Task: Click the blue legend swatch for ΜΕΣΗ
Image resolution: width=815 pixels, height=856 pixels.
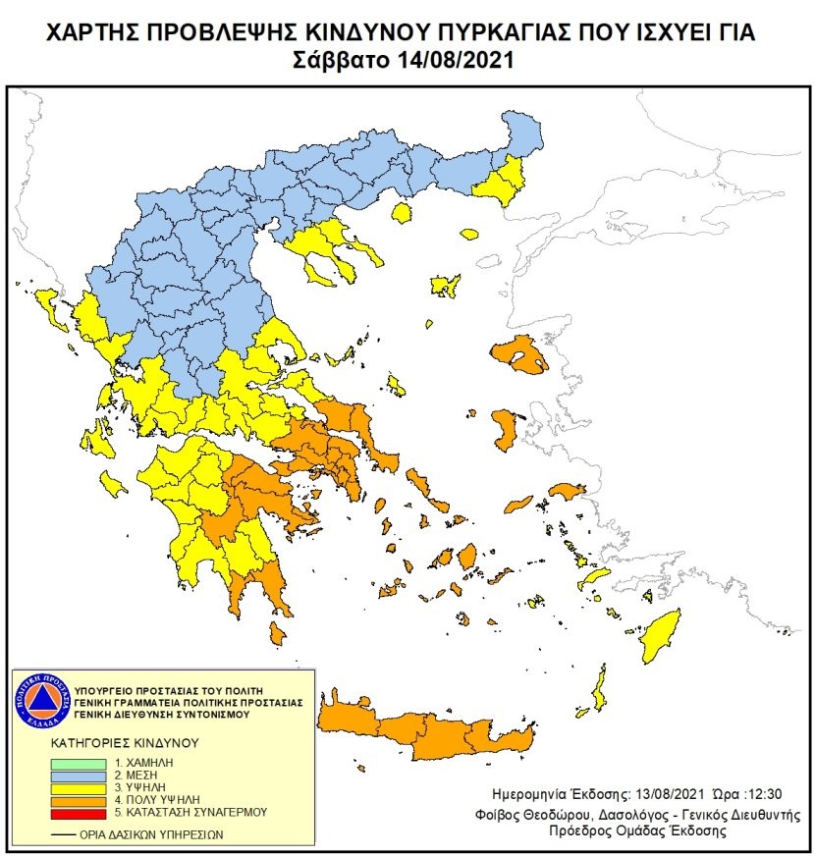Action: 76,776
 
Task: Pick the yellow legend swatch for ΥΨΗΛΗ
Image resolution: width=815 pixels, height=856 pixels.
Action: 76,788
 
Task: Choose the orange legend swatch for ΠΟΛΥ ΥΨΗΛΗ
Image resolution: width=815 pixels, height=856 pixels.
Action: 76,801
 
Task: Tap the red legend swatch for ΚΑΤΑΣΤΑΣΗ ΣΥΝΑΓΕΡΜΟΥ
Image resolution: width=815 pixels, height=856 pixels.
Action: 76,814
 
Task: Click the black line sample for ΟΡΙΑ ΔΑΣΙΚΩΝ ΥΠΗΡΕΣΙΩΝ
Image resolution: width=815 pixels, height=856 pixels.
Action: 65,835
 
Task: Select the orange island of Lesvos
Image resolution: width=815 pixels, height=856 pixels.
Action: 518,355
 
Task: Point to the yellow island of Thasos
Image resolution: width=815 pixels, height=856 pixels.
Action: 400,212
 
